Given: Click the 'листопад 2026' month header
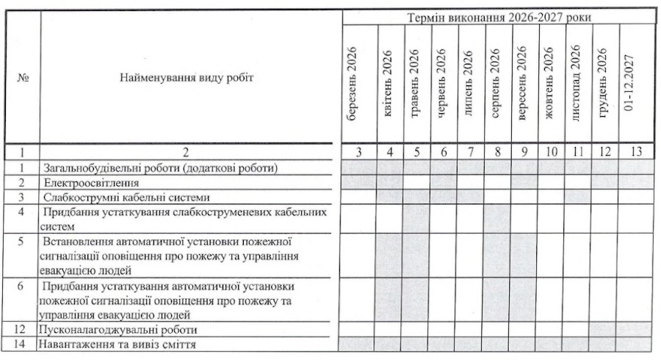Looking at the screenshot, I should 577,82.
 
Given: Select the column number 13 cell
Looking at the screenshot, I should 635,151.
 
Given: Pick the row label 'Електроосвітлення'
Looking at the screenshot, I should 91,181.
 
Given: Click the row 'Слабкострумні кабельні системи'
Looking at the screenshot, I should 127,197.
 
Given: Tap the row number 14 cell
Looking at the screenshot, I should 22,345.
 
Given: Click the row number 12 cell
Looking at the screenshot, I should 22,330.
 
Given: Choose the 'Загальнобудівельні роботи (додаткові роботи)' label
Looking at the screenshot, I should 159,168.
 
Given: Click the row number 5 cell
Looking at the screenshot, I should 22,240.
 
